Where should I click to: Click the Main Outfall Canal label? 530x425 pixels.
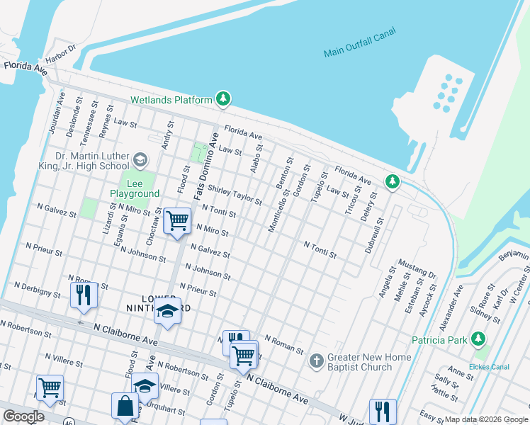360,42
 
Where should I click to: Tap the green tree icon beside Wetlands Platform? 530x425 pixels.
224,98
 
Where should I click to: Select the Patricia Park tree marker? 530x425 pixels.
479,339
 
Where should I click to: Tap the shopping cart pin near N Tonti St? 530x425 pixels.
177,220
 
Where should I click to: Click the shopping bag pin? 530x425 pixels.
125,407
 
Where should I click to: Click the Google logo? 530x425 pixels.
23,416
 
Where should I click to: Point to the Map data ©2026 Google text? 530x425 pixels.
485,419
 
